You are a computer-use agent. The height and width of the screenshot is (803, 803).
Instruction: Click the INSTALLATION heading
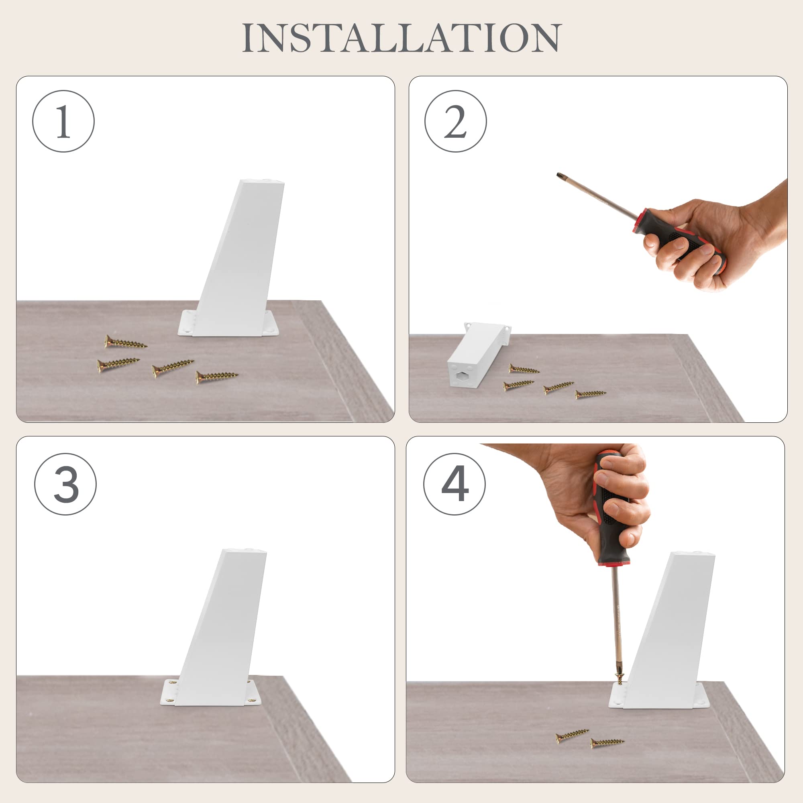click(401, 38)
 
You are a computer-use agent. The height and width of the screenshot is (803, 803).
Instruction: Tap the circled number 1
click(63, 121)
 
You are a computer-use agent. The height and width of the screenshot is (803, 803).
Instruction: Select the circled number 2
click(456, 121)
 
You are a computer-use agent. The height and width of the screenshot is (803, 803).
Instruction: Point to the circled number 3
click(65, 484)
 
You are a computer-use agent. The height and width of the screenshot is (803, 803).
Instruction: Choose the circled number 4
click(454, 484)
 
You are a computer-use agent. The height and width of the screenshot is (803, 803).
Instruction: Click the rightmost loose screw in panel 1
click(216, 377)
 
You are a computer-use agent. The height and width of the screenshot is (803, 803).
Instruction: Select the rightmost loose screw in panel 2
click(591, 393)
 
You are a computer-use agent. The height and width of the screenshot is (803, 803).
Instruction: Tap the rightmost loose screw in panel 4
click(607, 742)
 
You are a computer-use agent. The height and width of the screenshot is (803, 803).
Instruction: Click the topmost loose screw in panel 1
click(125, 342)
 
